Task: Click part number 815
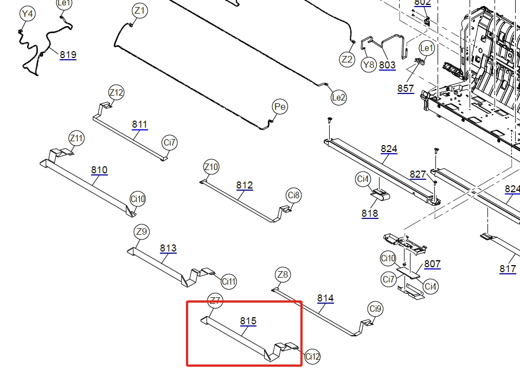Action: [x=248, y=321]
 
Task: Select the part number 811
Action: [x=139, y=124]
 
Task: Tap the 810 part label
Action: [x=99, y=170]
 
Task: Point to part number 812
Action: [x=245, y=185]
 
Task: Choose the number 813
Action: [x=168, y=248]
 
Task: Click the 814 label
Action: [x=325, y=298]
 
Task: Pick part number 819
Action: [x=68, y=54]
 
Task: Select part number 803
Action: [x=387, y=65]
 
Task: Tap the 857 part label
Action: [x=406, y=89]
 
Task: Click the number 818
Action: [x=370, y=214]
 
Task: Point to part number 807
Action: [x=432, y=264]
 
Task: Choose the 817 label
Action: [x=508, y=269]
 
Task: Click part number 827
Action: [x=418, y=174]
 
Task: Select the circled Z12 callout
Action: [x=116, y=92]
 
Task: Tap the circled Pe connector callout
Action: [x=280, y=107]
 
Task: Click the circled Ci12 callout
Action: [x=312, y=356]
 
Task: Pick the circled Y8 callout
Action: [x=368, y=65]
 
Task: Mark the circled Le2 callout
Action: [x=338, y=98]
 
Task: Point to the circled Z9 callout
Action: [x=142, y=232]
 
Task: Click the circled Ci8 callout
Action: [x=294, y=195]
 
